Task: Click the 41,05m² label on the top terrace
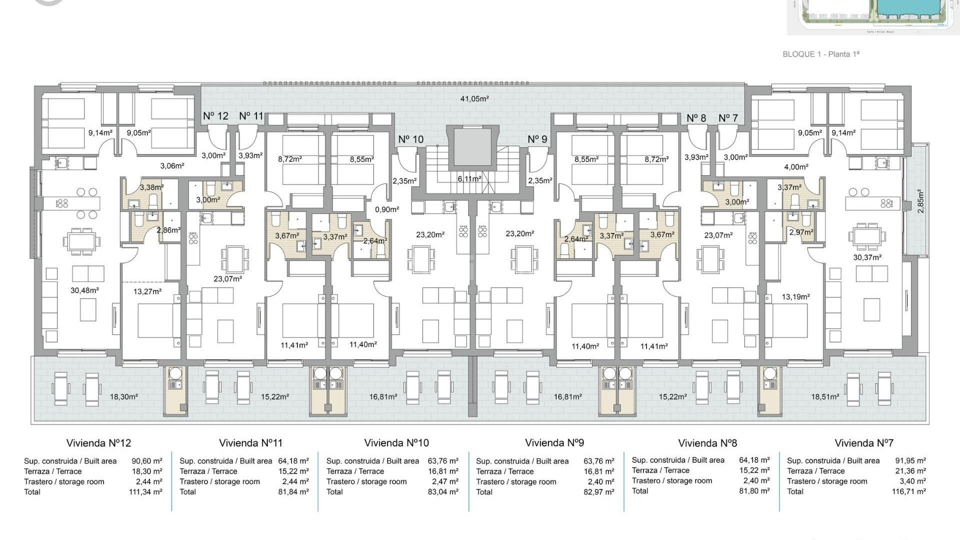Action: pyautogui.click(x=474, y=99)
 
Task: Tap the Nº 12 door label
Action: pyautogui.click(x=215, y=116)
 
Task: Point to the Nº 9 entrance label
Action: pyautogui.click(x=537, y=139)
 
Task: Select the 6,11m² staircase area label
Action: pyautogui.click(x=469, y=179)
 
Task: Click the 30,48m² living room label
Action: pyautogui.click(x=84, y=290)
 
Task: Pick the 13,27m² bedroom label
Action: pyautogui.click(x=147, y=291)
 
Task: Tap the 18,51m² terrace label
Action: pyautogui.click(x=825, y=397)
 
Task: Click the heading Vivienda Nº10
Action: pyautogui.click(x=396, y=443)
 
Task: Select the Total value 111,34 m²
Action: pyautogui.click(x=145, y=492)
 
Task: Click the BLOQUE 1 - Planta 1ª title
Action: pyautogui.click(x=820, y=54)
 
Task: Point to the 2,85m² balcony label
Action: pyautogui.click(x=920, y=201)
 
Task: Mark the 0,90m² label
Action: pyautogui.click(x=387, y=209)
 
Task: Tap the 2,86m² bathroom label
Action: pyautogui.click(x=168, y=230)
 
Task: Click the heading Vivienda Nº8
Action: pyautogui.click(x=707, y=443)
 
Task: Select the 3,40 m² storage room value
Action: pyautogui.click(x=912, y=481)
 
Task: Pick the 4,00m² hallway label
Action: pyautogui.click(x=796, y=167)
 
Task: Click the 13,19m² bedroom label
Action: pyautogui.click(x=795, y=297)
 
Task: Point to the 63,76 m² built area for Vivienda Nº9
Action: pyautogui.click(x=598, y=461)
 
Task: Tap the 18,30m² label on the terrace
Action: pyautogui.click(x=123, y=397)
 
